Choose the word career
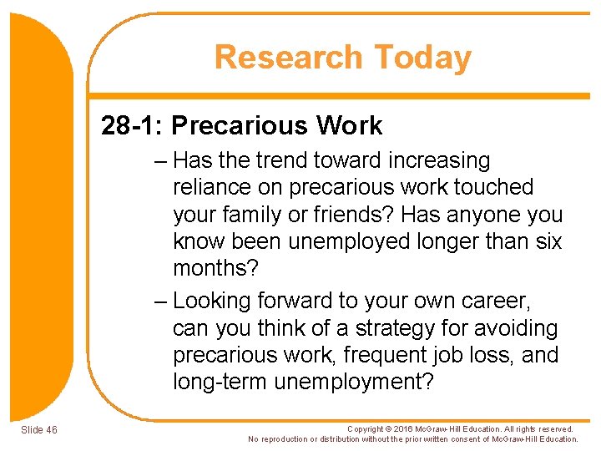495,301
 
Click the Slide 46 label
39,430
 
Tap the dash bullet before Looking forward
162,301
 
